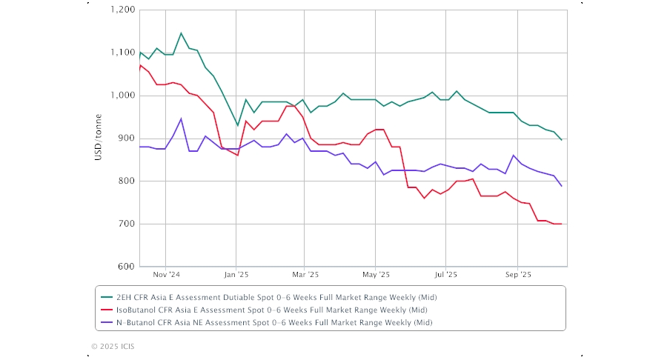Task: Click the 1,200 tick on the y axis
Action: tap(122, 10)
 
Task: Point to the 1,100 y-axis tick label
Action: tap(122, 53)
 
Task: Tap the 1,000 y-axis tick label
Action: tap(122, 96)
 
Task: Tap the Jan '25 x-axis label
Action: tap(236, 274)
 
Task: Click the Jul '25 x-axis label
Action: tap(445, 274)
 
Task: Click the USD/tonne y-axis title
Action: tap(99, 139)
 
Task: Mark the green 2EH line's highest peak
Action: tap(181, 33)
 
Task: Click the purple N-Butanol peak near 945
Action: tap(181, 119)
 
